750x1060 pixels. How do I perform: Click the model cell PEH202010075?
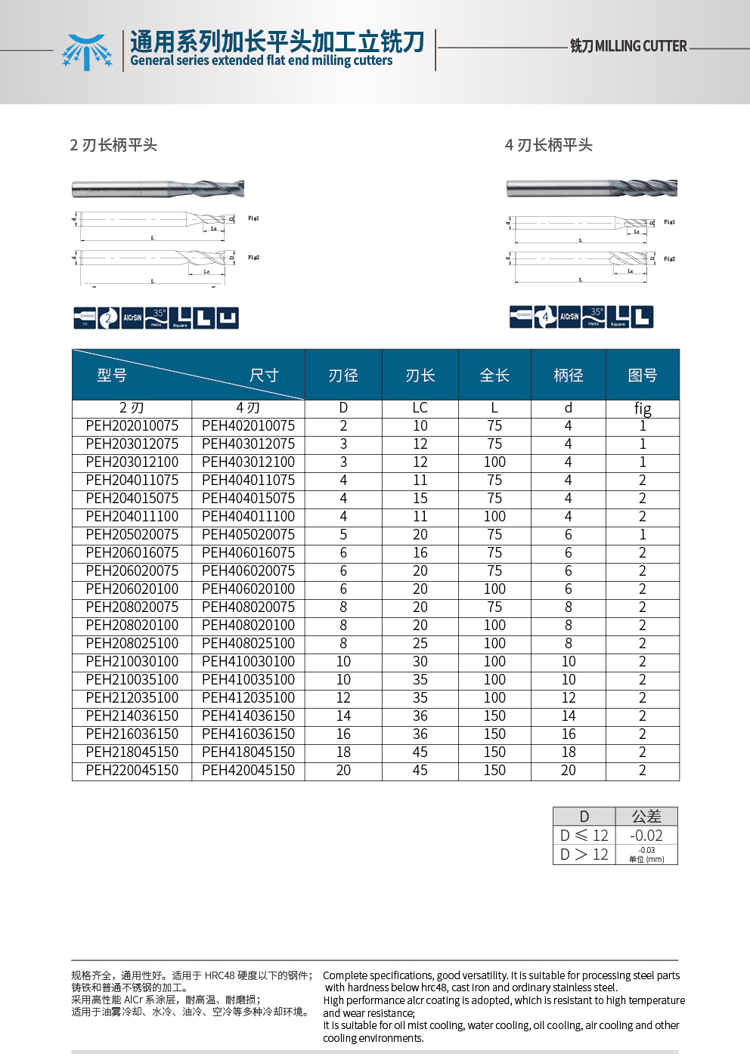(x=132, y=426)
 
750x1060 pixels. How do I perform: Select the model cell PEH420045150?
(x=248, y=771)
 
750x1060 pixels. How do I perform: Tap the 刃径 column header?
(x=343, y=375)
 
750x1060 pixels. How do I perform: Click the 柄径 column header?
(x=568, y=375)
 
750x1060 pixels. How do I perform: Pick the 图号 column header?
(x=643, y=375)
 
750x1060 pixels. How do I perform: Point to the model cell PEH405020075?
(x=248, y=535)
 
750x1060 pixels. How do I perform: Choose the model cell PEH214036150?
(x=132, y=716)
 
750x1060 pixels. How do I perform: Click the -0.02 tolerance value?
(x=646, y=836)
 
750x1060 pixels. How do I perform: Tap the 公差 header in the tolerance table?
(x=646, y=817)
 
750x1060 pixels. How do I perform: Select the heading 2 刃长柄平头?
(x=113, y=145)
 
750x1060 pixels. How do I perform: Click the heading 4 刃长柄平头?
(x=549, y=145)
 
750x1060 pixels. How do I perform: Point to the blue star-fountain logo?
(x=87, y=51)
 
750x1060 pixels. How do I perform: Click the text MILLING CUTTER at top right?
(x=640, y=46)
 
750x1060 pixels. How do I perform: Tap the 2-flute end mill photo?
(x=158, y=189)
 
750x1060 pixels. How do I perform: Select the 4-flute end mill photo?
(x=591, y=188)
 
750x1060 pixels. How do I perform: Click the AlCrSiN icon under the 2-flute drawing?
(x=132, y=318)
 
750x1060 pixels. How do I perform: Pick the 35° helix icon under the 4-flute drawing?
(x=594, y=317)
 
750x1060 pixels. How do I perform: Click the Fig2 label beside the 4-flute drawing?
(x=669, y=259)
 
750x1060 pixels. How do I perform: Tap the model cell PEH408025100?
(x=248, y=644)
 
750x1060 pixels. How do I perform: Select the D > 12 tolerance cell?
(x=584, y=854)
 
